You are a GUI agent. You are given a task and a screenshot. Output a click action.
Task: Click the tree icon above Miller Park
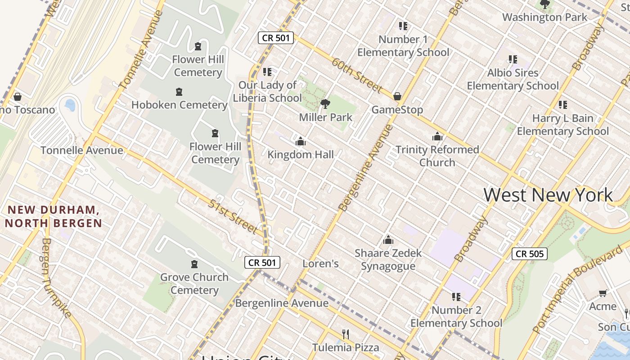(x=325, y=104)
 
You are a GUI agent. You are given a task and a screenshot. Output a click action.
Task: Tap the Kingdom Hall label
(x=301, y=155)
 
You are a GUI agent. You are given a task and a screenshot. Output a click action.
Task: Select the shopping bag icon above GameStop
(x=397, y=96)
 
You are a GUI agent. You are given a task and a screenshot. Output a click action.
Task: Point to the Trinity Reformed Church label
(x=437, y=156)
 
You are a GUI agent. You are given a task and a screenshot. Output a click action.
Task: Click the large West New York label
(x=548, y=195)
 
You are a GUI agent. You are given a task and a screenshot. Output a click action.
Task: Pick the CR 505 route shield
(x=530, y=254)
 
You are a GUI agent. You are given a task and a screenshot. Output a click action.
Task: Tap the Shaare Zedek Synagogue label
(x=388, y=260)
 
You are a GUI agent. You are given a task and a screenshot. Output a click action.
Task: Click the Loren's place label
(x=320, y=264)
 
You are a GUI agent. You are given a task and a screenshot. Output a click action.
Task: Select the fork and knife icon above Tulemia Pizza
(x=346, y=334)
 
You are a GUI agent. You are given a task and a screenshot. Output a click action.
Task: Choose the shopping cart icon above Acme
(x=603, y=293)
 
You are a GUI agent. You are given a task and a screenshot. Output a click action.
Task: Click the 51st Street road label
(x=233, y=216)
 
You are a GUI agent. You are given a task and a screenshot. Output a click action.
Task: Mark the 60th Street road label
(x=357, y=75)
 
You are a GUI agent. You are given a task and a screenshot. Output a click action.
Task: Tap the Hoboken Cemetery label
(x=179, y=105)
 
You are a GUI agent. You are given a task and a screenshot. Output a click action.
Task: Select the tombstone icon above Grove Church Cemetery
(x=194, y=264)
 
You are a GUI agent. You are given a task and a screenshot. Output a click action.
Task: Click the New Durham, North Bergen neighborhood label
(x=54, y=216)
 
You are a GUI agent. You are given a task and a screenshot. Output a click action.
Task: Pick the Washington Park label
(x=544, y=18)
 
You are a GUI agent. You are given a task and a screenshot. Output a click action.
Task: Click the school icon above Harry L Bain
(x=562, y=105)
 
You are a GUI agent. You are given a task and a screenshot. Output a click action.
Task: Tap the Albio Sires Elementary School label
(x=513, y=79)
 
